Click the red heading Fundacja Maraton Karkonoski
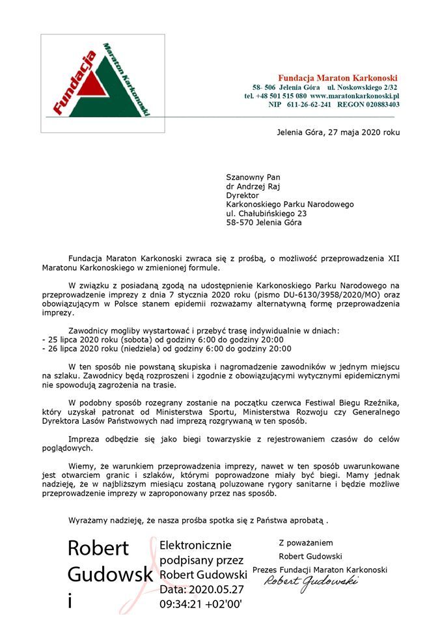pos(338,78)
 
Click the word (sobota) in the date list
pos(122,339)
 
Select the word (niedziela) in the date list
pos(126,348)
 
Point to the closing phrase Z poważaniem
pos(305,542)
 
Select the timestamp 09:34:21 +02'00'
pos(200,604)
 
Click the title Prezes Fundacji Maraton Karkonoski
pos(319,570)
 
